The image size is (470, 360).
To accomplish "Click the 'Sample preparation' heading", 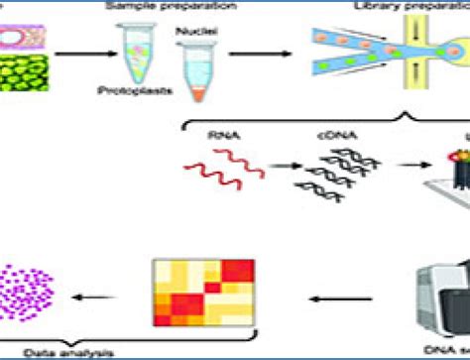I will [x=165, y=6].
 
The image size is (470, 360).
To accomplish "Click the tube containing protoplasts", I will [x=138, y=60].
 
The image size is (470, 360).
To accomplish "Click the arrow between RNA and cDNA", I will [x=272, y=169].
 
